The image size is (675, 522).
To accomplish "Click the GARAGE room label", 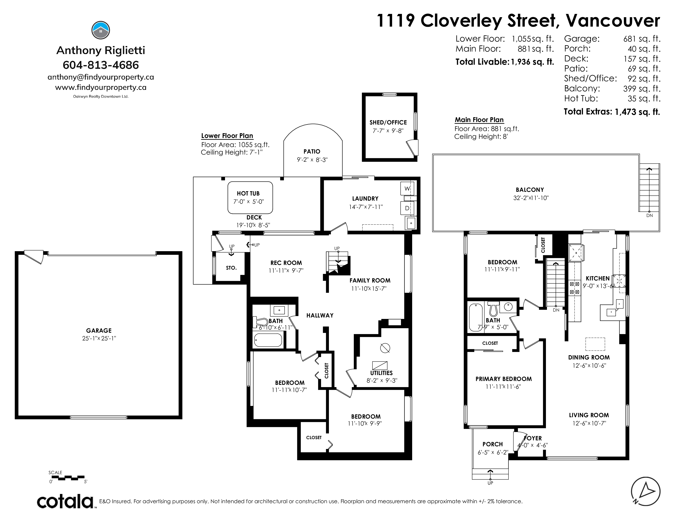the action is tap(99, 331).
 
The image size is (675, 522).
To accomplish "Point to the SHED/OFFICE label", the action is tap(388, 122).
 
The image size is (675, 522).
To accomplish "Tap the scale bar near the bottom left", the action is tap(67, 478).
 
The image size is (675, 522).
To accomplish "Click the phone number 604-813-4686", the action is tap(101, 65).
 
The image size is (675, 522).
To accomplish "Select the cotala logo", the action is tap(65, 502).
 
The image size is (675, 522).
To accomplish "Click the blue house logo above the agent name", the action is tap(101, 30).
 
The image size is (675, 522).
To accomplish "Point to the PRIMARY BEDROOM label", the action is tap(503, 379).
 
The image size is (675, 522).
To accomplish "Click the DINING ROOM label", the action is tap(589, 357).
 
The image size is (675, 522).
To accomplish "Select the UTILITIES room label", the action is tap(381, 373).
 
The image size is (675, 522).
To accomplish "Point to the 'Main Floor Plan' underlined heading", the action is tap(479, 120).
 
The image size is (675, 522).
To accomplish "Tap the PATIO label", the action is tap(312, 151).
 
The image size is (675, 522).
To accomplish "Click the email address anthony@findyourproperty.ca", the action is tap(101, 77).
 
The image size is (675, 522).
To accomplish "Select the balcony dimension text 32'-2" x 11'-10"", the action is tap(531, 198).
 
